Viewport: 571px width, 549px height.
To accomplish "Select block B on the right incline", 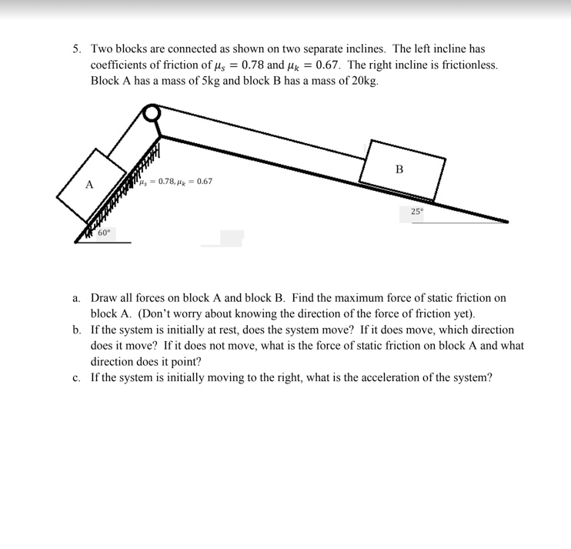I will pos(402,170).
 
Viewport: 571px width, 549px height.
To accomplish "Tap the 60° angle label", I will pos(104,232).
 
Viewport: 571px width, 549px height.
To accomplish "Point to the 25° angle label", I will pos(416,210).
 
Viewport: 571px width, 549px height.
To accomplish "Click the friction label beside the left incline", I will pos(177,182).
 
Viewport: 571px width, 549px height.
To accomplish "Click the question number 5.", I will pos(77,49).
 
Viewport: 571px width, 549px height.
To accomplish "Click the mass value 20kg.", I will pos(361,81).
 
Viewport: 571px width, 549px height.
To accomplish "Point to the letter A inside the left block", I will pos(89,186).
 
